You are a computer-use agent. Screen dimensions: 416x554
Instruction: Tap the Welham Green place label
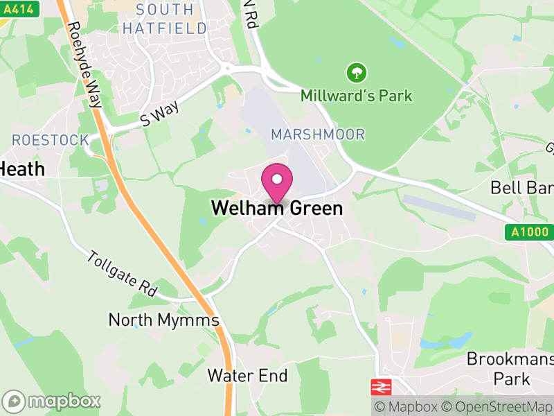point(277,208)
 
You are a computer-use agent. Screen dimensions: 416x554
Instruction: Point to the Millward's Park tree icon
point(357,72)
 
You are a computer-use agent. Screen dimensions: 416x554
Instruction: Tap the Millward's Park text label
point(357,96)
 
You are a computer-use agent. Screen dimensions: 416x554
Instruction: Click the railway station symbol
point(382,386)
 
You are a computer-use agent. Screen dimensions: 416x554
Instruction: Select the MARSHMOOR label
point(318,135)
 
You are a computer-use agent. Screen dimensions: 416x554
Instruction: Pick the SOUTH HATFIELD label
point(164,19)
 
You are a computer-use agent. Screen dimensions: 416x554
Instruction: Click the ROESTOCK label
point(51,140)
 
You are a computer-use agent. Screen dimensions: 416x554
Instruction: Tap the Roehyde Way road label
point(84,66)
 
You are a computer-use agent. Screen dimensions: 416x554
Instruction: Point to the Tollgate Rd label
point(123,272)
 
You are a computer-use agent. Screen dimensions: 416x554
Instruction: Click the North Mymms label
point(163,320)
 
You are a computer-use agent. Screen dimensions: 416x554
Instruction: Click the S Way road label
point(160,113)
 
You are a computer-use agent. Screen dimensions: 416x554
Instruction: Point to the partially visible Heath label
point(22,169)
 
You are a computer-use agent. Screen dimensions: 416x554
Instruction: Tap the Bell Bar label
point(522,187)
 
